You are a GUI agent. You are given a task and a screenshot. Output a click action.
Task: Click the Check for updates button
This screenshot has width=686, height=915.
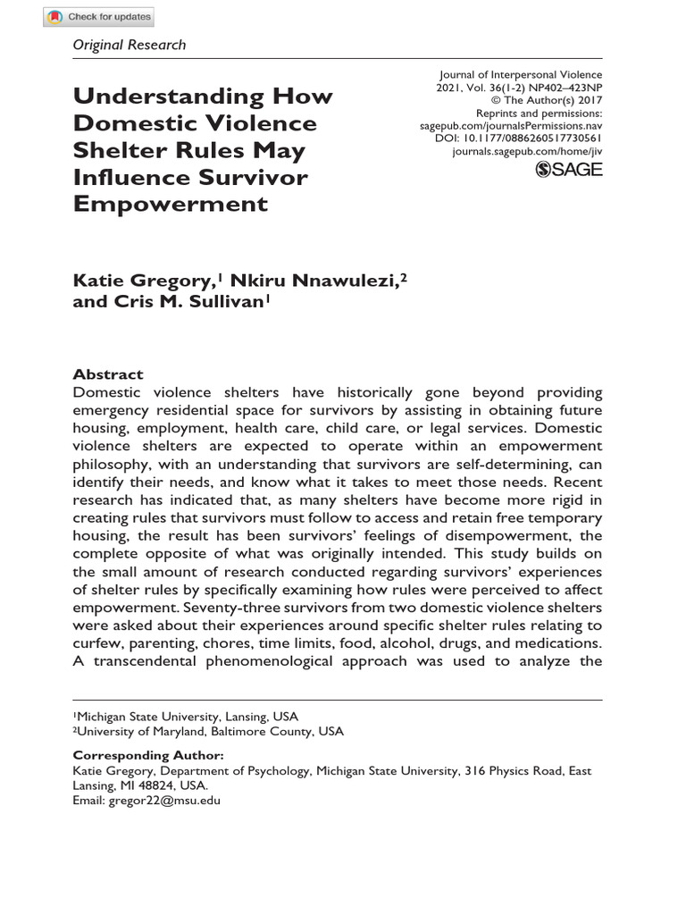pyautogui.click(x=99, y=17)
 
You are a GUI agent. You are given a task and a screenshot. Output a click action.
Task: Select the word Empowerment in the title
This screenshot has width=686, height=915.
pyautogui.click(x=170, y=204)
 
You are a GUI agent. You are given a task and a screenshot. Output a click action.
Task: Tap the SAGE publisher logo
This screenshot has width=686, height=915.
pyautogui.click(x=569, y=169)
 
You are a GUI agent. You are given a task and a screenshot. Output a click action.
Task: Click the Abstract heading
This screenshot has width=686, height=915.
pyautogui.click(x=107, y=375)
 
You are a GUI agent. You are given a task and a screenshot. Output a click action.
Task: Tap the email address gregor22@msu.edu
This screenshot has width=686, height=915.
pyautogui.click(x=164, y=801)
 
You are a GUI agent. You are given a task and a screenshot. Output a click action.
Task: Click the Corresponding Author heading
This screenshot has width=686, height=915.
pyautogui.click(x=147, y=755)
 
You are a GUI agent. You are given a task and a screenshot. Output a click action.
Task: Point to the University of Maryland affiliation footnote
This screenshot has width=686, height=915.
pyautogui.click(x=208, y=731)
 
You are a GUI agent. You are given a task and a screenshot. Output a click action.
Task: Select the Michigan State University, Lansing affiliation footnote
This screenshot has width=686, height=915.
pyautogui.click(x=186, y=717)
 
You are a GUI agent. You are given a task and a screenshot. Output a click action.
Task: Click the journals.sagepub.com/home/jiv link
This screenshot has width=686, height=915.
pyautogui.click(x=529, y=152)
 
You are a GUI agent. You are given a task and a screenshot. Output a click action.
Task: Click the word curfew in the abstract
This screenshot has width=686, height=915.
pyautogui.click(x=97, y=642)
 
